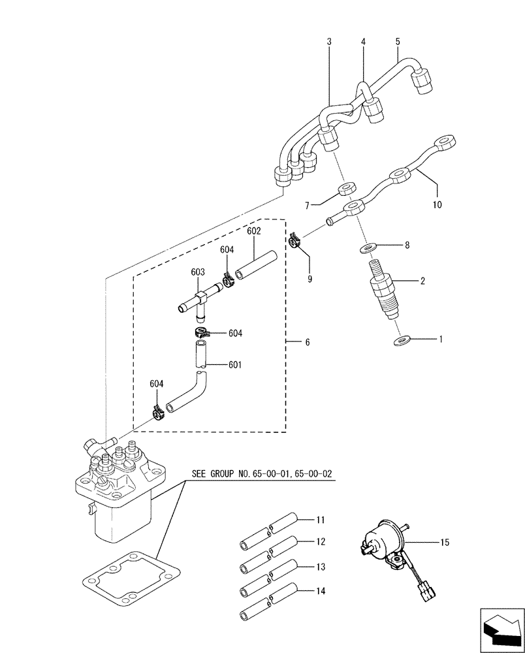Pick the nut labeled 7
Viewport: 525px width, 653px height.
point(345,190)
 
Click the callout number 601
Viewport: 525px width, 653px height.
point(235,364)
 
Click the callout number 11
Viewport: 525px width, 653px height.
point(321,520)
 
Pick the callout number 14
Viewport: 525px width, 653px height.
point(321,593)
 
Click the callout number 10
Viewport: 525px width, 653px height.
point(437,204)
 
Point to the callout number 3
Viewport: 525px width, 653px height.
point(329,42)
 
